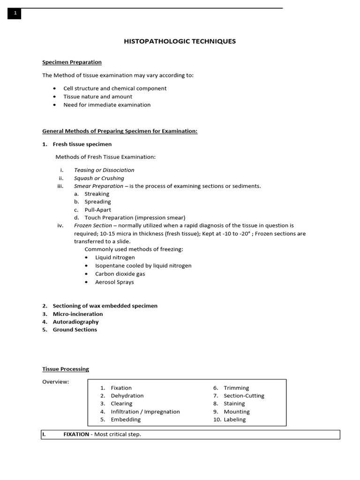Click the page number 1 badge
(15, 14)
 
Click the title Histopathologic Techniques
(180, 41)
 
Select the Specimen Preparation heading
(72, 62)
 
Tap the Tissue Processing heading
(65, 369)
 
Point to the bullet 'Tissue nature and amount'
(97, 97)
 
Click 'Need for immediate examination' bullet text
(107, 105)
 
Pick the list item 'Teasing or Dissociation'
(104, 170)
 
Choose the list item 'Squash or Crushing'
(99, 178)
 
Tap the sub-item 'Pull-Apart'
(97, 210)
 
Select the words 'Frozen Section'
(93, 225)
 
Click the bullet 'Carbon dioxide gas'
(120, 274)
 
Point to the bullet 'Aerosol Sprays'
(114, 282)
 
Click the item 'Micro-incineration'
(77, 314)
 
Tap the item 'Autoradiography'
(75, 322)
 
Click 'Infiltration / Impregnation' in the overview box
(145, 412)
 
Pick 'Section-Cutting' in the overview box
(244, 396)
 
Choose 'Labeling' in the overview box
(234, 420)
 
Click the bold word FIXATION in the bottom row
(76, 435)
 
